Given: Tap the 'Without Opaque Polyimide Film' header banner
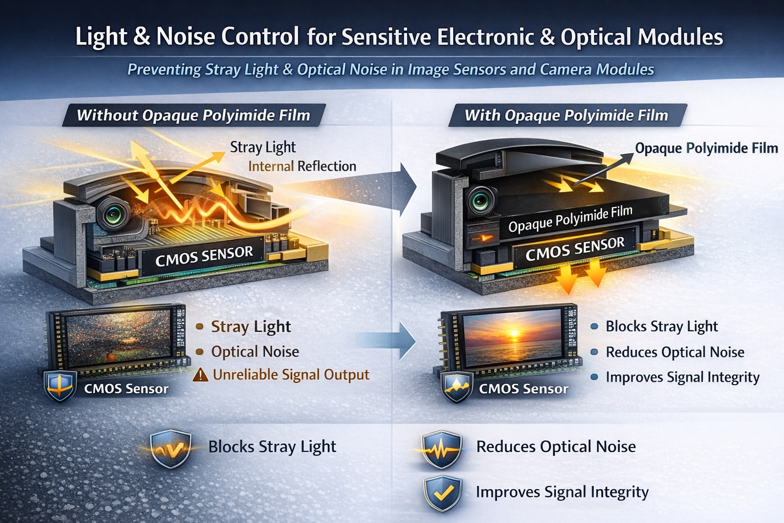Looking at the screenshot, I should [x=193, y=115].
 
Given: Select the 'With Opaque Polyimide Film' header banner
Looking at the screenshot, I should [x=566, y=115].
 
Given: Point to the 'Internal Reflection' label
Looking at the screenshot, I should [x=302, y=166].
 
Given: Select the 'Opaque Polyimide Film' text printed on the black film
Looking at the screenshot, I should [x=570, y=218].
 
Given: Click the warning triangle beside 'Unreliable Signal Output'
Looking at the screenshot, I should [x=201, y=375].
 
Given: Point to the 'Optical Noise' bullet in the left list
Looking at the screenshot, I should [x=255, y=351].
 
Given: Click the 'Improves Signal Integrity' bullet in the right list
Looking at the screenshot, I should [x=682, y=377].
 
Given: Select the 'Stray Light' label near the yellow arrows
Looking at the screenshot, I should [x=262, y=147].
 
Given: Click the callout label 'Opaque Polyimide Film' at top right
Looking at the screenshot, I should [x=706, y=148].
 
